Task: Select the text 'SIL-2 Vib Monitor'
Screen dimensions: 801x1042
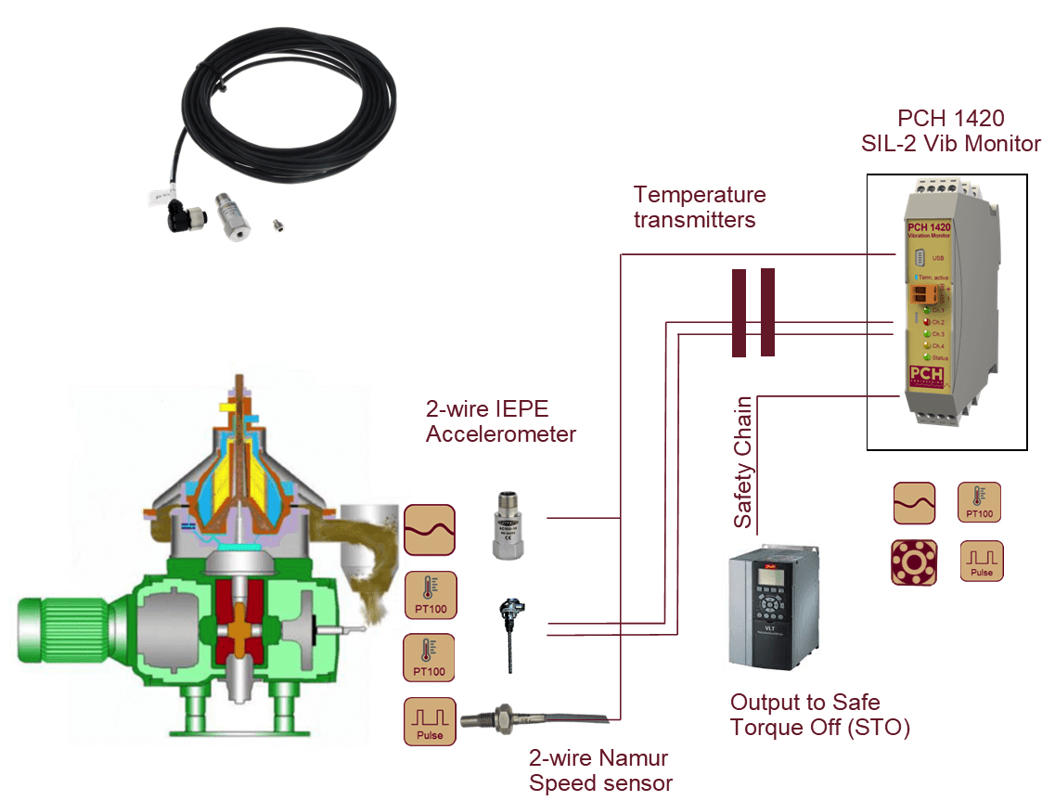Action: click(x=950, y=143)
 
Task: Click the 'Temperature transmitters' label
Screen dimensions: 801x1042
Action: click(x=699, y=207)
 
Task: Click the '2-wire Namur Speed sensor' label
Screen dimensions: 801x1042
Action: click(x=599, y=770)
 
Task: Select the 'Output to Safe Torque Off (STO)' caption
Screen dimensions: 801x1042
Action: click(x=819, y=715)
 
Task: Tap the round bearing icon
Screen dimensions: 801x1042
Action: click(x=914, y=562)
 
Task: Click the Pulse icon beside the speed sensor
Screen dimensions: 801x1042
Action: click(x=430, y=721)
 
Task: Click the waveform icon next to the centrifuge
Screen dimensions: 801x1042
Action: click(x=430, y=530)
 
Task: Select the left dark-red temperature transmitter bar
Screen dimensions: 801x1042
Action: click(x=739, y=314)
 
